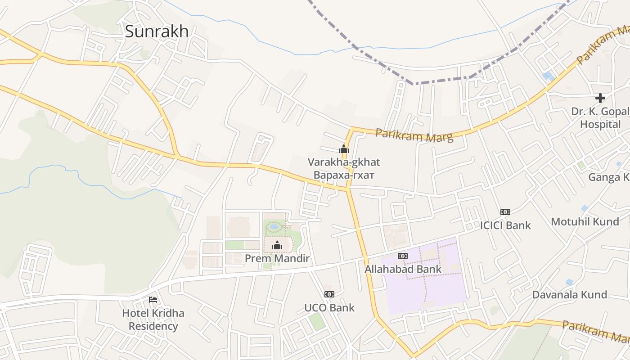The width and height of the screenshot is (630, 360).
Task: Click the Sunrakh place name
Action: pyautogui.click(x=157, y=31)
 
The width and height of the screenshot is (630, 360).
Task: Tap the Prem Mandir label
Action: pyautogui.click(x=277, y=258)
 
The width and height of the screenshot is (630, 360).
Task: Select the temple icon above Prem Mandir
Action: pyautogui.click(x=277, y=245)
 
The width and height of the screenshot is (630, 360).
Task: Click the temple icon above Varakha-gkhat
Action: pyautogui.click(x=344, y=148)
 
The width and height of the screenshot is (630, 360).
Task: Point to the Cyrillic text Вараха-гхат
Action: pyautogui.click(x=344, y=175)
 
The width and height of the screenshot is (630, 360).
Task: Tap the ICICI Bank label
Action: pyautogui.click(x=505, y=225)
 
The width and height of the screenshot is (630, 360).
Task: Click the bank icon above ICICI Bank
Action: pyautogui.click(x=505, y=211)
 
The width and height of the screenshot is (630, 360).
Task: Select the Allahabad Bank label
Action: pyautogui.click(x=403, y=269)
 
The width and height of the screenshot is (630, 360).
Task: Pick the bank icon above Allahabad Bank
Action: pyautogui.click(x=403, y=256)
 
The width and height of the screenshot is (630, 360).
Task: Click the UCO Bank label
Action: pyautogui.click(x=329, y=308)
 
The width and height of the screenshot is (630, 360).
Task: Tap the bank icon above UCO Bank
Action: pyautogui.click(x=329, y=294)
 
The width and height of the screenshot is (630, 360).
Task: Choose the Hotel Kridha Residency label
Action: pyautogui.click(x=153, y=319)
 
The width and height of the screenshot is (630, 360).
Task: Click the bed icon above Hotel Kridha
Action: pyautogui.click(x=153, y=299)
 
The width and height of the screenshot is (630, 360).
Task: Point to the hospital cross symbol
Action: pyautogui.click(x=600, y=98)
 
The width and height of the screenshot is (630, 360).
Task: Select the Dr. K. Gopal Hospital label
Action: pyautogui.click(x=600, y=117)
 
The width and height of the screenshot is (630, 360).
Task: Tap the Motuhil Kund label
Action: pyautogui.click(x=585, y=221)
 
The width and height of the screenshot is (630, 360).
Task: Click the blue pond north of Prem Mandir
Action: pyautogui.click(x=274, y=226)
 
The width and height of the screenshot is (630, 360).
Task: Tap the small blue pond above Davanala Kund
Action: pyautogui.click(x=570, y=282)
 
